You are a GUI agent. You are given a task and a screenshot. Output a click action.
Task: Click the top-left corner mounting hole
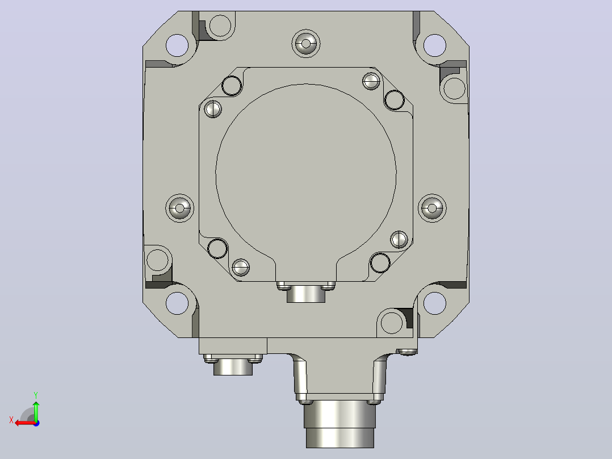coord(177,45)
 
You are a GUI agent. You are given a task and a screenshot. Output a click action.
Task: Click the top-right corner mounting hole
coord(434,45)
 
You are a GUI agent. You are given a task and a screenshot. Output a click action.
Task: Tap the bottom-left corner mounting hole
coord(177,303)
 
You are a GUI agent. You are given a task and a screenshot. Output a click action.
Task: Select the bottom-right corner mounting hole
coord(434,303)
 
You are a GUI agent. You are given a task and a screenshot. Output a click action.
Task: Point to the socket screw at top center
coord(306,43)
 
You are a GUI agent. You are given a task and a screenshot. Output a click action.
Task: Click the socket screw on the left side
coord(179,208)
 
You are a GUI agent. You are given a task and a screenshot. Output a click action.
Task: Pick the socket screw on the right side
coord(432,208)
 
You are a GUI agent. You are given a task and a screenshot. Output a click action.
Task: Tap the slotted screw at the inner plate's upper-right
coord(371,81)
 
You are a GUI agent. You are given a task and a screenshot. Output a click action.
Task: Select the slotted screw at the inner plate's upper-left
coord(213,109)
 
